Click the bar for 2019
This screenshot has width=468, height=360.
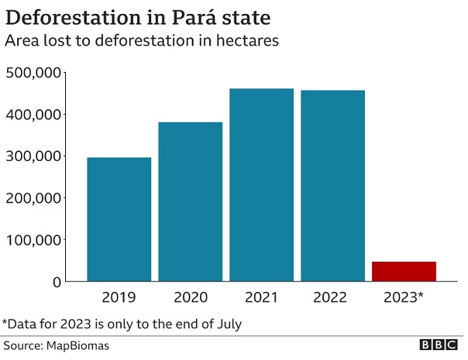point(119,219)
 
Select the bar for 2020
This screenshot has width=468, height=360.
point(190,201)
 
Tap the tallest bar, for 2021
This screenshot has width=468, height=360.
point(261,185)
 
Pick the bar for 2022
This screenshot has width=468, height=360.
point(332,186)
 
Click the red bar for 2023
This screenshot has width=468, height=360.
point(404,271)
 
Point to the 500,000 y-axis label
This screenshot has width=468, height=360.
point(33,73)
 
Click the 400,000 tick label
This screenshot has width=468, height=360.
point(33,115)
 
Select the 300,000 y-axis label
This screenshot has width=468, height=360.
point(33,156)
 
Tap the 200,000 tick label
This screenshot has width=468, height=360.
point(33,198)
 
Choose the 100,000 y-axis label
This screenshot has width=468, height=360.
point(33,240)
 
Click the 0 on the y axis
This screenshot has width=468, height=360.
point(56,282)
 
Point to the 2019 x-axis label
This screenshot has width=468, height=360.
point(119,297)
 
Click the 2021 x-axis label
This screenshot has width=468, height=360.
point(261,297)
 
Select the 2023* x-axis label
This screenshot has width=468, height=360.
point(404,297)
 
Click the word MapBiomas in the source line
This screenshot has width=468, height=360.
point(77,345)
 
